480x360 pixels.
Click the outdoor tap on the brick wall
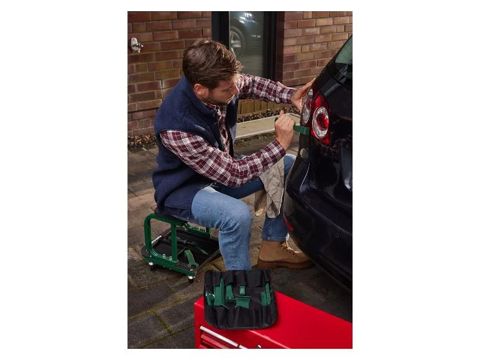(x=136, y=45)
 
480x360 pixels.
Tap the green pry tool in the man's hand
(x=301, y=129)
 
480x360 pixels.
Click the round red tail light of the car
(x=321, y=122)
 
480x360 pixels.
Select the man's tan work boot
(x=284, y=255)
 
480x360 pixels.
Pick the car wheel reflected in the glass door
(x=236, y=40)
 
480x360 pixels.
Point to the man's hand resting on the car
(x=301, y=95)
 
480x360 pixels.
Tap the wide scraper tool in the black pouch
(x=242, y=301)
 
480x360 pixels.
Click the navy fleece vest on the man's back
(x=180, y=155)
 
